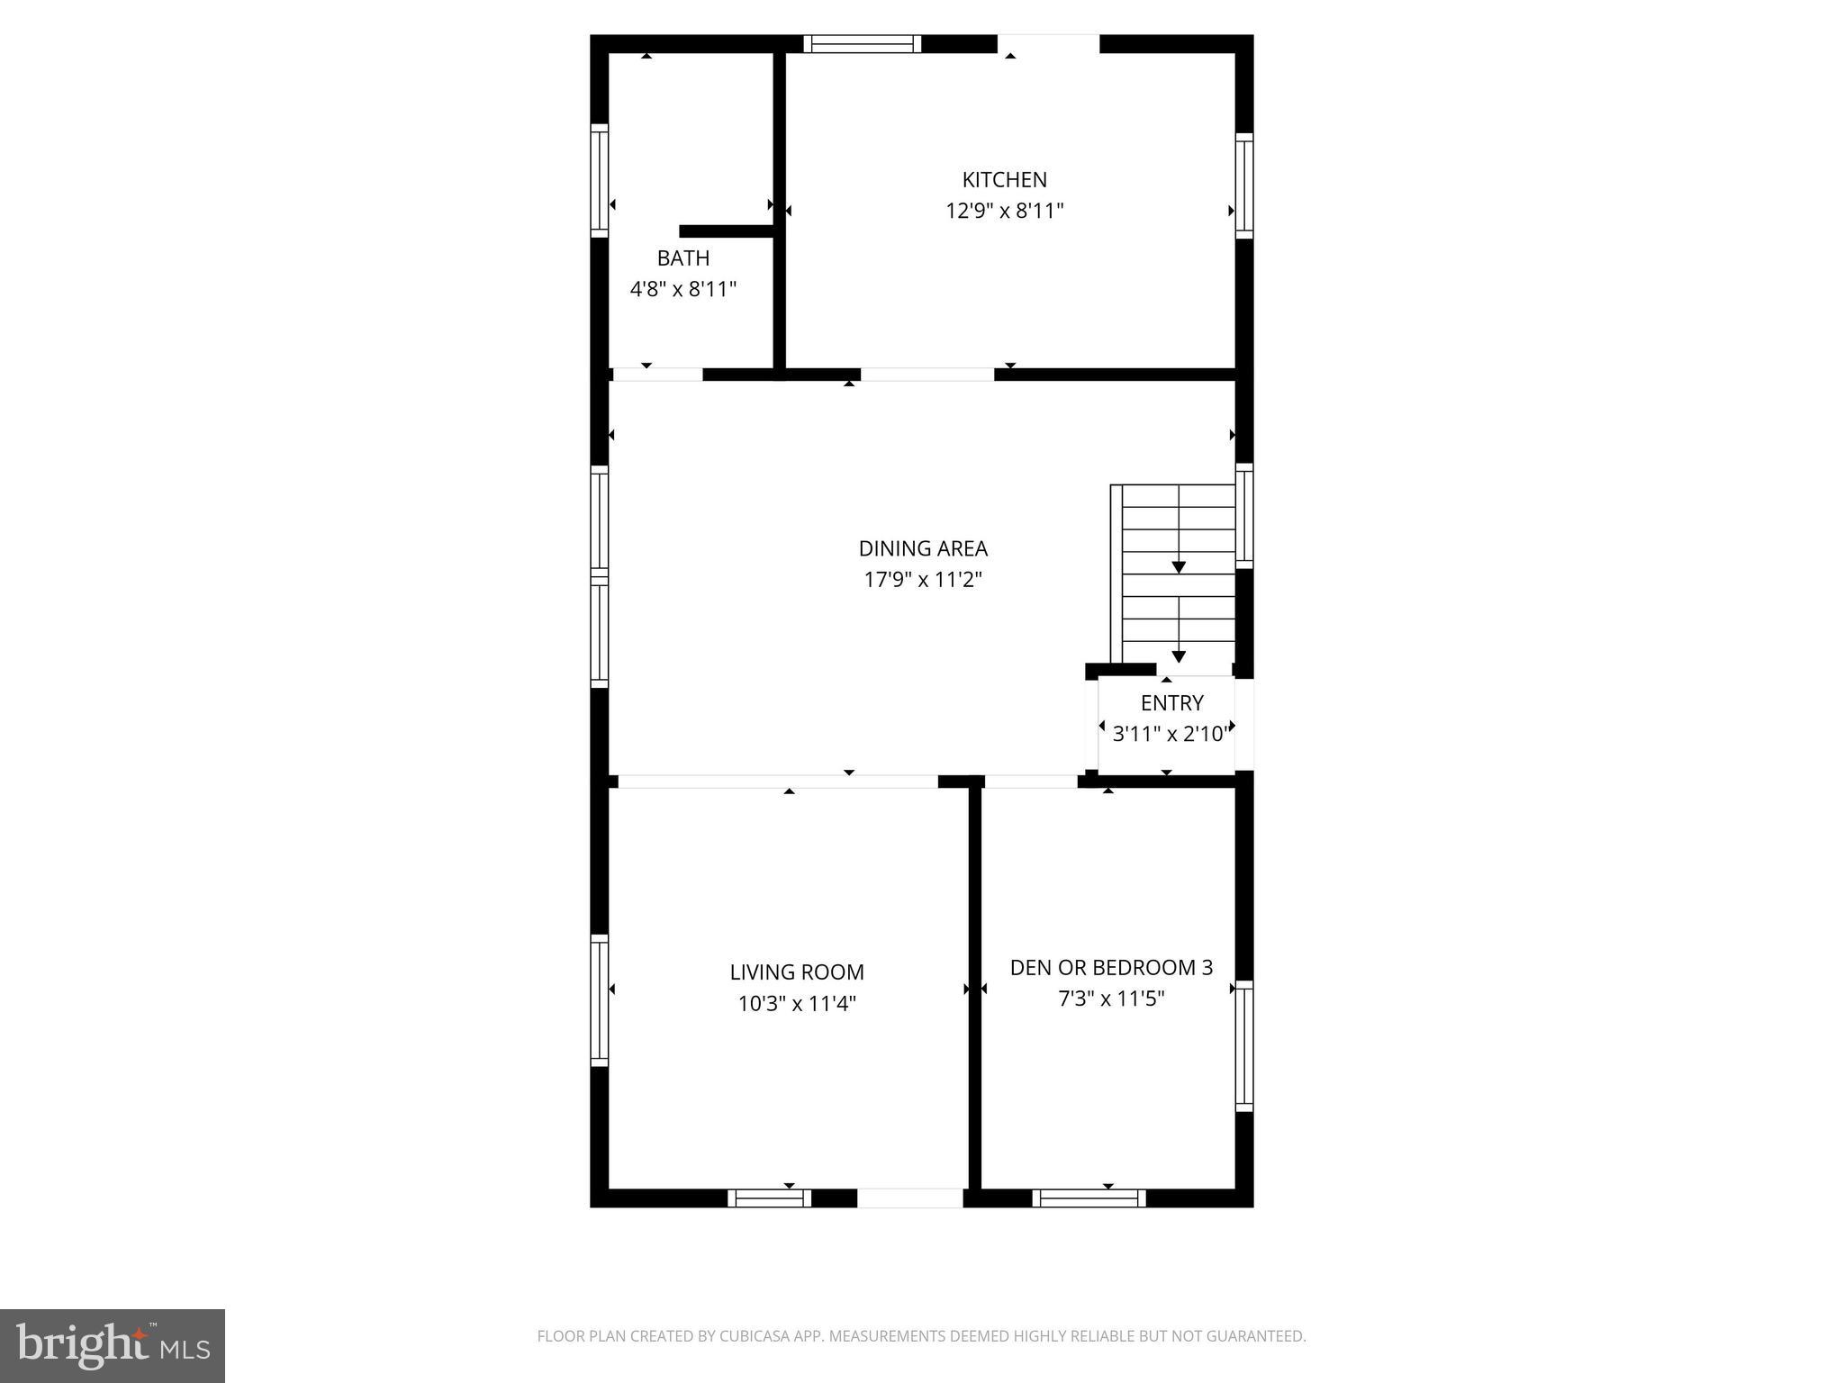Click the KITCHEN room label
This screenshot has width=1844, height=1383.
click(x=1004, y=179)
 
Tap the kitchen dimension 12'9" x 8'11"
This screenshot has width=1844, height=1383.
click(x=1004, y=211)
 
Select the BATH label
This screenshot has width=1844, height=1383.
click(x=682, y=258)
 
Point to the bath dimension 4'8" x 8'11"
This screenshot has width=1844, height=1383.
click(x=682, y=290)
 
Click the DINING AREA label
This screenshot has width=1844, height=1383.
click(x=923, y=548)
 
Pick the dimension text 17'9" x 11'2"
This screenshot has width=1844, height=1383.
click(x=923, y=580)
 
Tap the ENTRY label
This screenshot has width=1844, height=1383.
click(x=1171, y=703)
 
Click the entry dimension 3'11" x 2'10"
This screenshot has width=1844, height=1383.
click(x=1170, y=735)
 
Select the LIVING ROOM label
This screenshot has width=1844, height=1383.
click(x=797, y=972)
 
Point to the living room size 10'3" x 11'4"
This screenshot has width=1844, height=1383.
click(x=797, y=1004)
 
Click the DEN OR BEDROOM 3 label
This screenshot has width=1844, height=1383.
click(x=1111, y=968)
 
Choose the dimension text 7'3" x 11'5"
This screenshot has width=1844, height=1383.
click(x=1111, y=999)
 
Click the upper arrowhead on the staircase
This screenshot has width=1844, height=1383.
click(x=1179, y=567)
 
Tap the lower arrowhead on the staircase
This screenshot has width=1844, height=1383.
click(x=1179, y=656)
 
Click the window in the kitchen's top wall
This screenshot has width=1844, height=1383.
click(x=862, y=44)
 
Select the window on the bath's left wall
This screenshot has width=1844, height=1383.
click(x=599, y=180)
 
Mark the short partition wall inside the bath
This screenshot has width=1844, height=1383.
click(x=727, y=231)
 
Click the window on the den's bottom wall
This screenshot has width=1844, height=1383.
click(x=1089, y=1198)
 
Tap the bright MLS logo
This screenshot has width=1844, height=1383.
click(x=113, y=1346)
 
